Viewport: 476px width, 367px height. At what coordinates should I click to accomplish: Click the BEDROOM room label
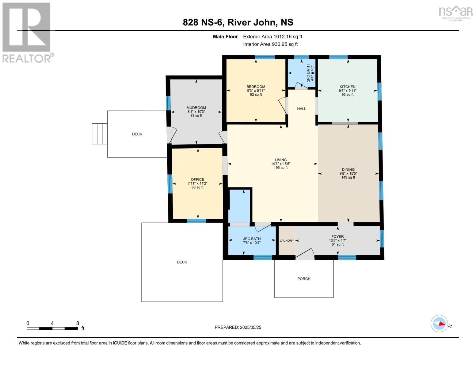click(256, 87)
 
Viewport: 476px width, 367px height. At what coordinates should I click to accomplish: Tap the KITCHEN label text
click(347, 87)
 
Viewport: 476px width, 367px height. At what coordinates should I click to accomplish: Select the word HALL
click(301, 109)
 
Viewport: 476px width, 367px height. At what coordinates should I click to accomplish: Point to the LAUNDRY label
click(287, 240)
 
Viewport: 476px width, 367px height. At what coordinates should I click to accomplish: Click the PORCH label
click(304, 279)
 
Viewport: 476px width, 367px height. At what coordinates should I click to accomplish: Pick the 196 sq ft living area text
click(281, 168)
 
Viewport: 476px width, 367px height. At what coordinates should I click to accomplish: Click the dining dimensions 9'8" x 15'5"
click(348, 173)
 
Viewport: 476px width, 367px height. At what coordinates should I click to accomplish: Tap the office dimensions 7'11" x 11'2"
click(197, 183)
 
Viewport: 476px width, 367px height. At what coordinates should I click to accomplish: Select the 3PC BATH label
click(252, 239)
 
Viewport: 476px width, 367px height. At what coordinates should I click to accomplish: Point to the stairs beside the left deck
click(99, 134)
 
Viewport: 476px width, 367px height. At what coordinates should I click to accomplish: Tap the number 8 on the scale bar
click(78, 323)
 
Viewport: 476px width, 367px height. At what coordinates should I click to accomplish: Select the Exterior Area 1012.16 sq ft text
click(272, 36)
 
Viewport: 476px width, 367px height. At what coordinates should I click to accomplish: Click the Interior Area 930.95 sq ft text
click(270, 44)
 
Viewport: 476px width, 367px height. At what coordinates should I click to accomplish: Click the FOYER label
click(337, 236)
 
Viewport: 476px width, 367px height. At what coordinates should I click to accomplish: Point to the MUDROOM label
click(196, 108)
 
